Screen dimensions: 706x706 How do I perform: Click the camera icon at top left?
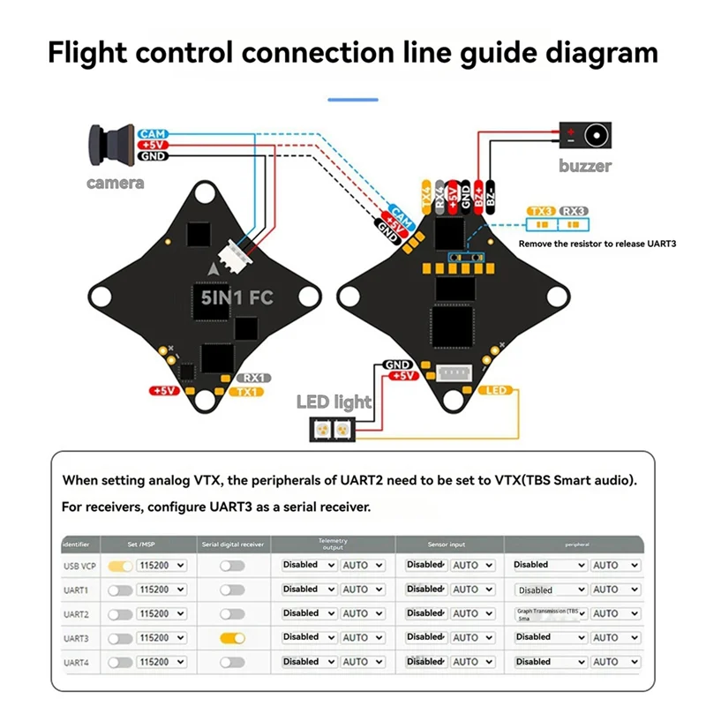(x=110, y=145)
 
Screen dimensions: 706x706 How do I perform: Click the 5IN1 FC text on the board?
(x=237, y=297)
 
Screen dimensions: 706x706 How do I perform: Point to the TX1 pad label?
(x=250, y=392)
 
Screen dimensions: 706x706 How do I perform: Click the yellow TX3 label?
(x=541, y=212)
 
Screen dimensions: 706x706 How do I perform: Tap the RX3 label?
(x=574, y=212)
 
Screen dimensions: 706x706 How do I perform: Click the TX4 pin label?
(x=427, y=198)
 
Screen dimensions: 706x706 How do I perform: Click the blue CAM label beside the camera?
(x=153, y=133)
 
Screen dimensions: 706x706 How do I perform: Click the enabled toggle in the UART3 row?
(x=232, y=637)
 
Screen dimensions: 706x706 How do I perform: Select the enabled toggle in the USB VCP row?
(x=120, y=565)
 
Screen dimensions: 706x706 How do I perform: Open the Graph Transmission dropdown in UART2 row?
(x=551, y=613)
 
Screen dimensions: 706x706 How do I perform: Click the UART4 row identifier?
(x=78, y=662)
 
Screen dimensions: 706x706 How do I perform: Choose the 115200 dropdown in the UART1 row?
(x=161, y=590)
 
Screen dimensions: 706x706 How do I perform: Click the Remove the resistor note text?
(x=597, y=243)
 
